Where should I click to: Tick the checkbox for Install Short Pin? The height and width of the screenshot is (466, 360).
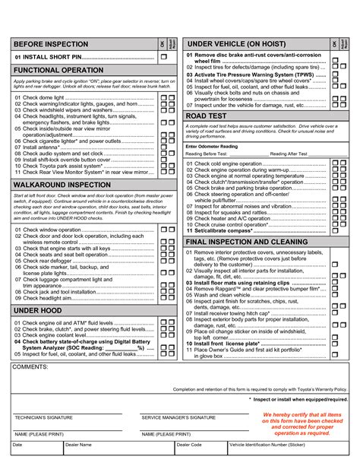164,57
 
